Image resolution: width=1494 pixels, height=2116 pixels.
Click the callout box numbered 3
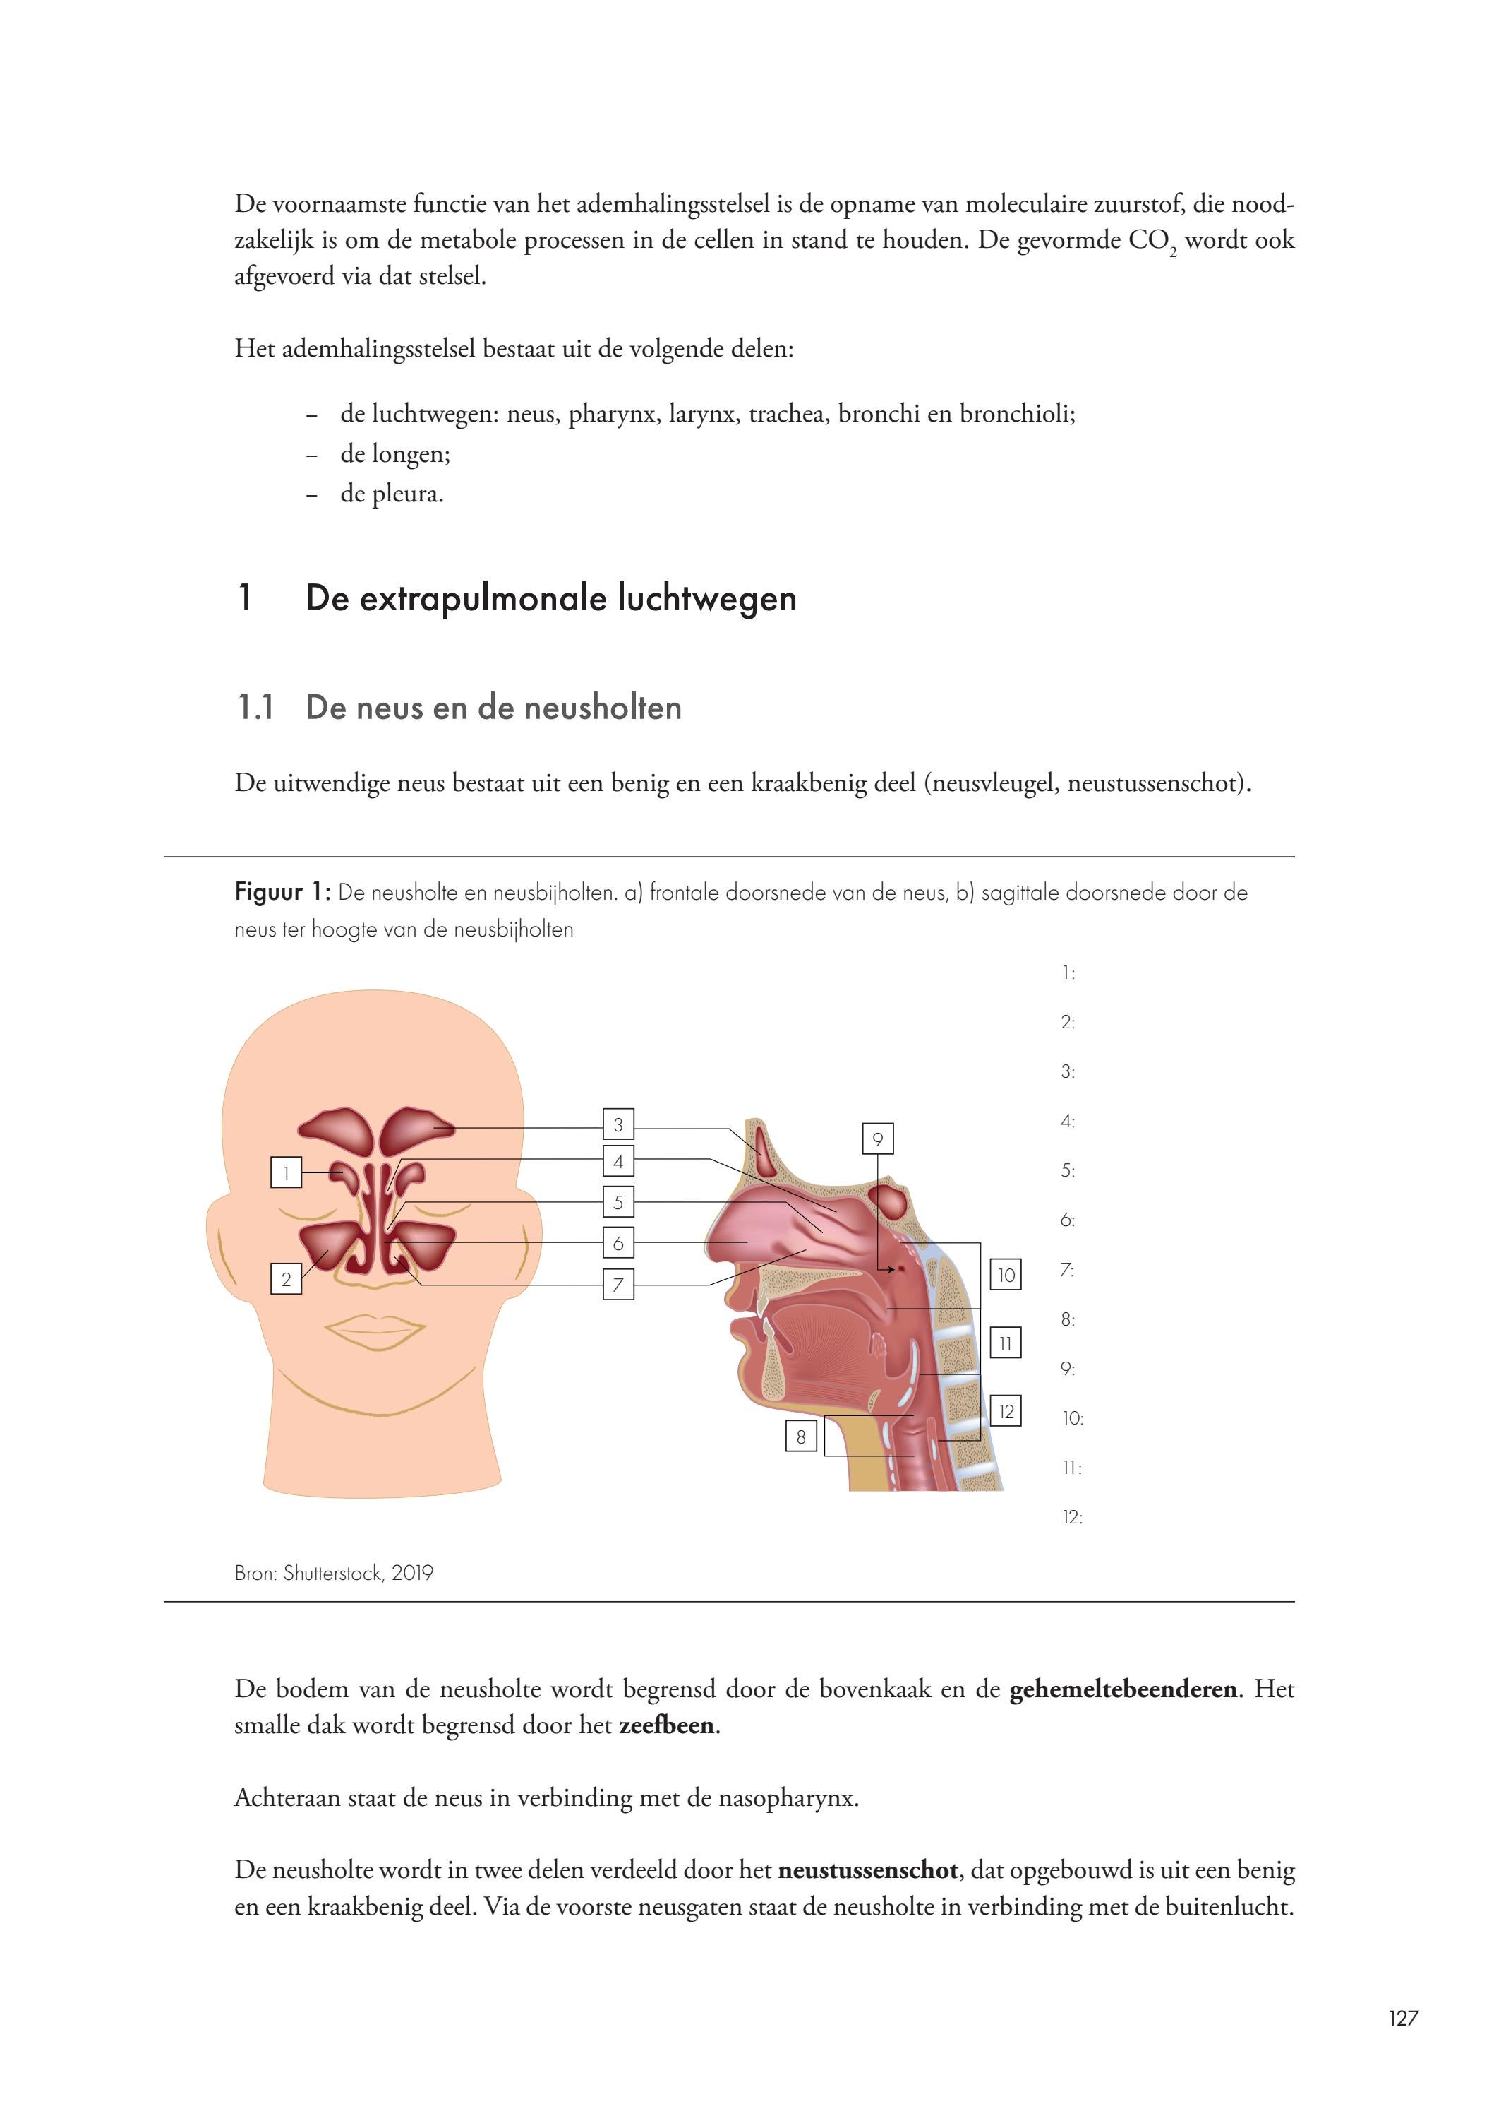click(618, 1124)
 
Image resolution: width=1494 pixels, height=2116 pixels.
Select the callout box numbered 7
click(618, 1284)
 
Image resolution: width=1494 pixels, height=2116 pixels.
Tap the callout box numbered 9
click(878, 1139)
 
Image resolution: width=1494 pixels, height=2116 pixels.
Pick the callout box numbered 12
click(1006, 1411)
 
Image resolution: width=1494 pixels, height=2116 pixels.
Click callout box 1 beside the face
click(287, 1173)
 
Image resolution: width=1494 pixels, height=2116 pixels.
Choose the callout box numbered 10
click(1006, 1275)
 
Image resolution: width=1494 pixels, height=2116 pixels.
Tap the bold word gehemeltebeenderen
click(1123, 1689)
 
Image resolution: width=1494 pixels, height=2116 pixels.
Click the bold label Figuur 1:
click(282, 892)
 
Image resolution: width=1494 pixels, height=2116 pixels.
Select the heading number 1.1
click(256, 708)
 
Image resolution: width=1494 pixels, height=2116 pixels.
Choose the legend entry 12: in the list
click(1072, 1517)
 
